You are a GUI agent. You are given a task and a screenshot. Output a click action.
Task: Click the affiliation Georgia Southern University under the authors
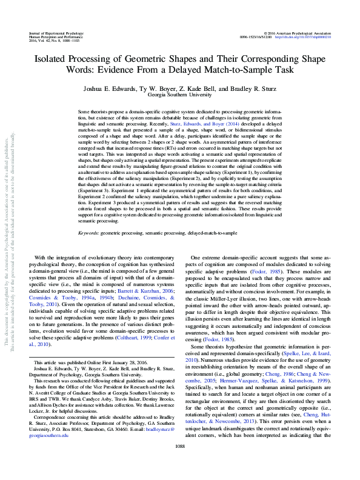(180, 95)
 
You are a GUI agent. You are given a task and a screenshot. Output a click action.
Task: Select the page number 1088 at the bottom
(180, 463)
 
